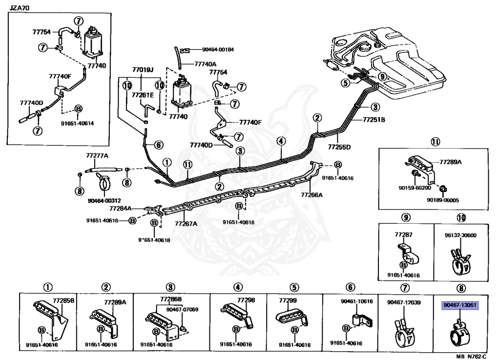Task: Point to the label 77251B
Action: point(375,119)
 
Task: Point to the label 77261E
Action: point(142,94)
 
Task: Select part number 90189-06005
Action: point(442,200)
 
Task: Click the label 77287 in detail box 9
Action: point(404,235)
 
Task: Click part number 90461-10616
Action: point(356,301)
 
